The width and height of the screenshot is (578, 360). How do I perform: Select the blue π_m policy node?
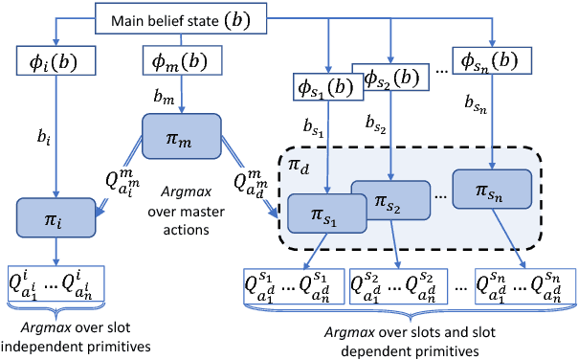(x=181, y=135)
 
